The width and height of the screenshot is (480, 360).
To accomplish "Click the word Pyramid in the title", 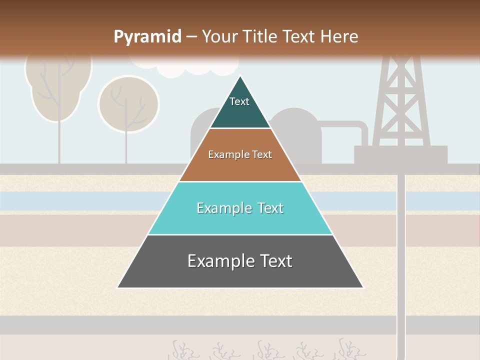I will coord(147,36).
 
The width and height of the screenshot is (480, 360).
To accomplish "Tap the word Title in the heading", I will coord(260,36).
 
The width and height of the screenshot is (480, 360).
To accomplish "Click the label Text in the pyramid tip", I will coord(239,101).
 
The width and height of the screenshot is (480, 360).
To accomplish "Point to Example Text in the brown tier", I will coord(240,154).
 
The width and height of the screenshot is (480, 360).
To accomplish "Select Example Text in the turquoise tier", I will coord(240,208).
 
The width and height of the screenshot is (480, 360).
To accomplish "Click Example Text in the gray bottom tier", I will coord(240,261).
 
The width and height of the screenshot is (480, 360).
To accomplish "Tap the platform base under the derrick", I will coord(400,154).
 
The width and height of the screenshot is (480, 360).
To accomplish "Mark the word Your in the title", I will coord(219,36).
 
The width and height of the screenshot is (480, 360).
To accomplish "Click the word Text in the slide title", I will coord(300,36).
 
